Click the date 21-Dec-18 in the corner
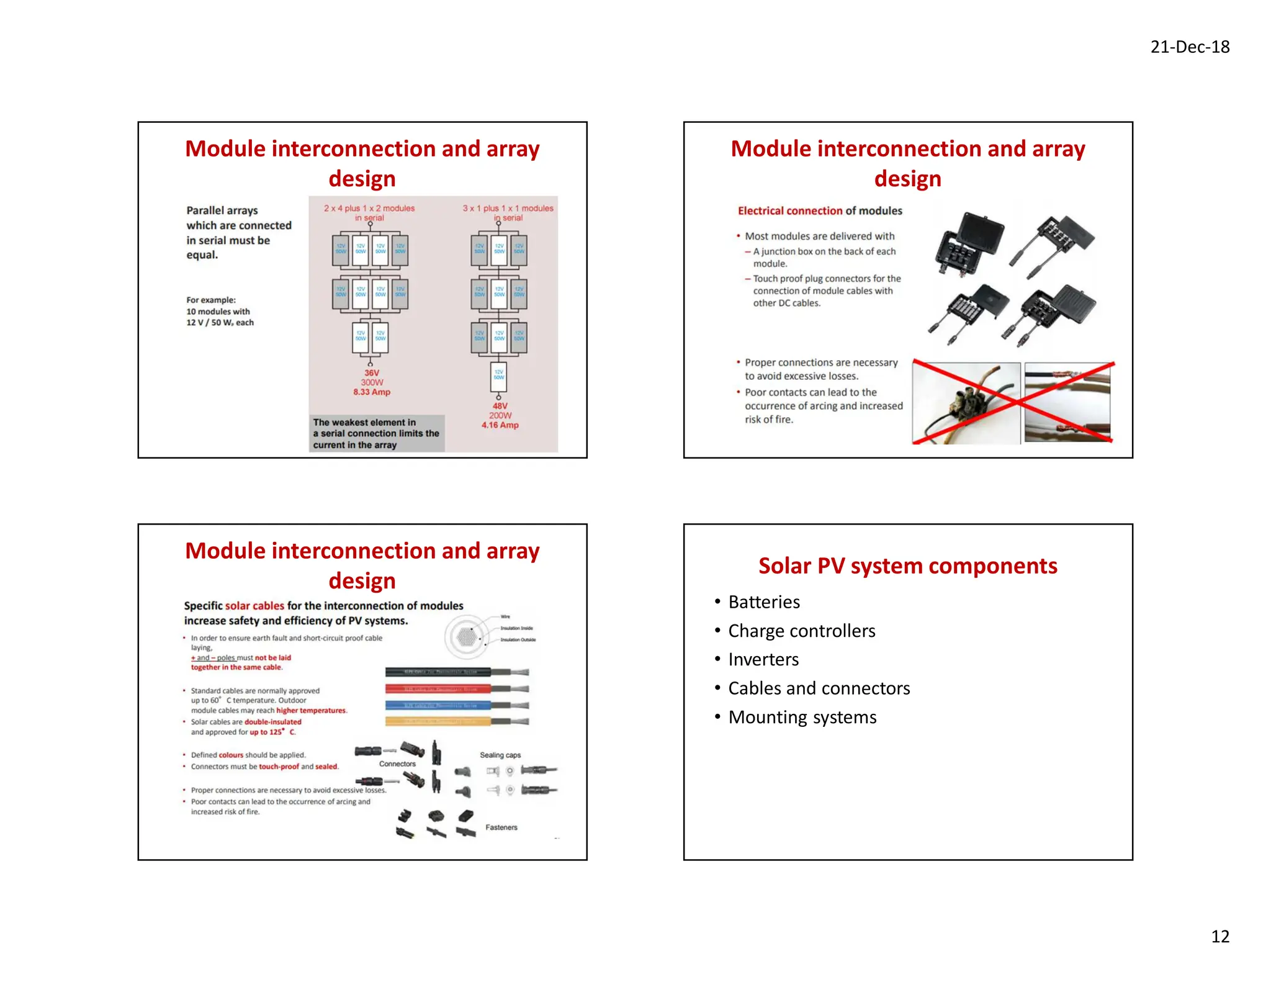[x=1189, y=47]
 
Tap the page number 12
[x=1219, y=936]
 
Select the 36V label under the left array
[x=372, y=373]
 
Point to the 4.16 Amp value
[x=500, y=425]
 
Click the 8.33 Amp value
[x=372, y=392]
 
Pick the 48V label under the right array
[x=500, y=406]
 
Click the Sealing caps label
[x=500, y=755]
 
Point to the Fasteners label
[x=501, y=827]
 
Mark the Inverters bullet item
[x=763, y=660]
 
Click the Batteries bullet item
[x=763, y=602]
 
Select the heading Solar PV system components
[x=907, y=566]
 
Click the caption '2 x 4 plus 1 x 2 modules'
[x=369, y=209]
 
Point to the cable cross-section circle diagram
[x=466, y=637]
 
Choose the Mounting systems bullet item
[x=802, y=718]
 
